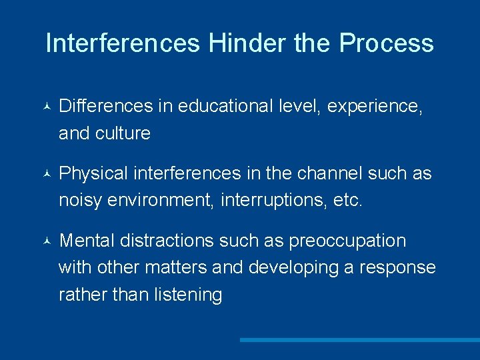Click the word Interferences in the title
pyautogui.click(x=123, y=43)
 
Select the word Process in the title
pyautogui.click(x=386, y=43)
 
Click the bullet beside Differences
pyautogui.click(x=44, y=107)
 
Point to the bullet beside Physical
pyautogui.click(x=44, y=175)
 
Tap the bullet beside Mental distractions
pyautogui.click(x=44, y=241)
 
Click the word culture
pyautogui.click(x=123, y=133)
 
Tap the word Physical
pyautogui.click(x=94, y=174)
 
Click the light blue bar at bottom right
pyautogui.click(x=360, y=339)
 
